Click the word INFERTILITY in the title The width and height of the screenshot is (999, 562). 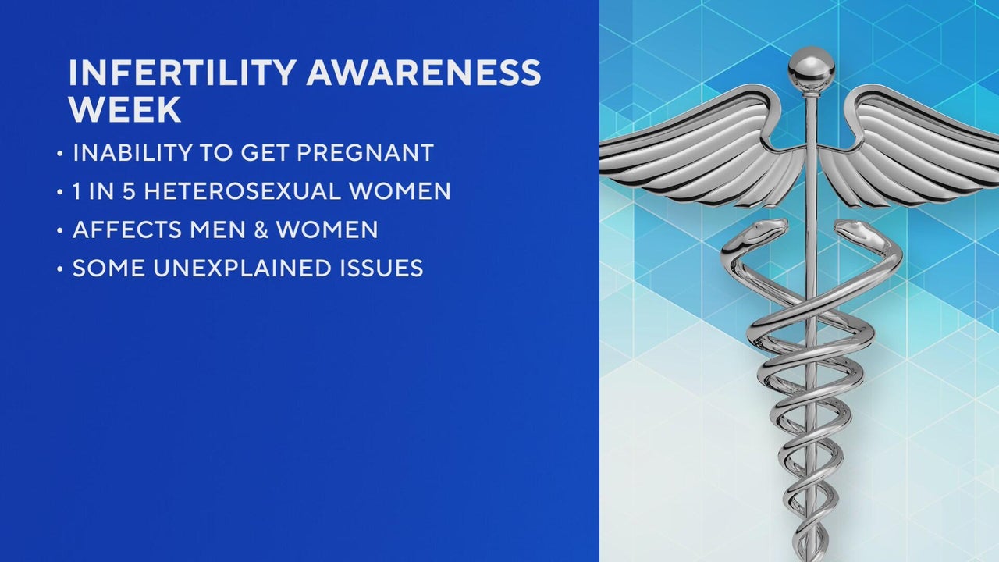point(183,73)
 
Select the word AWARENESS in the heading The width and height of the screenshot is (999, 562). point(424,73)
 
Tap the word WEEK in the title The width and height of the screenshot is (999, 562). point(125,109)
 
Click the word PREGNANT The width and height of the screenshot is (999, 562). point(365,152)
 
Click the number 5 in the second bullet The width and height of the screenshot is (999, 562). point(129,191)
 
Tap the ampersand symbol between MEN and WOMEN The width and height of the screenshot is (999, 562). point(261,229)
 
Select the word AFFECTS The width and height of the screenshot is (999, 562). point(127,229)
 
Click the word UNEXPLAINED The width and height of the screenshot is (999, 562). point(243,268)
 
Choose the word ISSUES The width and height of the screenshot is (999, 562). point(382,268)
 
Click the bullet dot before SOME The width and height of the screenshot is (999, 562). point(60,269)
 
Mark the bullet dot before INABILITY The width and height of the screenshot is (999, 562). point(60,154)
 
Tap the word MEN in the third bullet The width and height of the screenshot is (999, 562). point(217,229)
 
